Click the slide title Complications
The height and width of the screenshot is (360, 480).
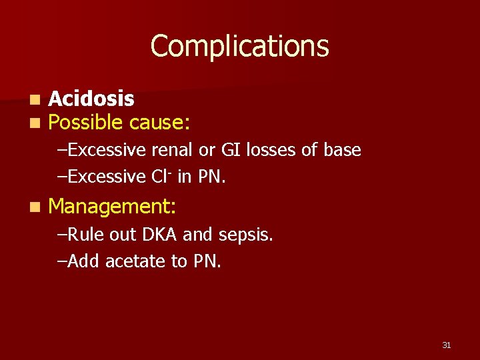239,46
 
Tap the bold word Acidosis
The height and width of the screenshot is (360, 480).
91,99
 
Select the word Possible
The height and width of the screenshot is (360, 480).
86,123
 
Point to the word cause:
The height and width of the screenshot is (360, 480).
160,123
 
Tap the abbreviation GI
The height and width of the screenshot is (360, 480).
231,151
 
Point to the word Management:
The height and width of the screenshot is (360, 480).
112,207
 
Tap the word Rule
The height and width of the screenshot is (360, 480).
83,235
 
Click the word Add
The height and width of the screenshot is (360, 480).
83,261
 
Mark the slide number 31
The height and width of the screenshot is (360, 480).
446,345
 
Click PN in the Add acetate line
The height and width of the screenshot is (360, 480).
207,261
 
